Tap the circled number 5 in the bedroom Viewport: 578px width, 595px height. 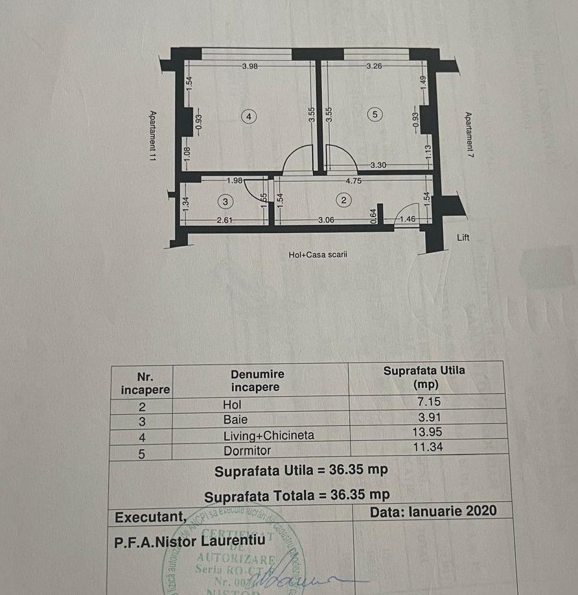coord(373,115)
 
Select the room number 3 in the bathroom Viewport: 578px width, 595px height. coord(225,203)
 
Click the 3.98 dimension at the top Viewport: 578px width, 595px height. coord(251,66)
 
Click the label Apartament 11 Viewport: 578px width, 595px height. coord(152,139)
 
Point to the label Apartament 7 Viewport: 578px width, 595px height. coord(468,139)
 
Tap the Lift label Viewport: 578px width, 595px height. coord(463,238)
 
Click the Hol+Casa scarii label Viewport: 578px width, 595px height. coord(318,255)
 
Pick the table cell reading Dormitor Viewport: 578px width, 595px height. coord(246,451)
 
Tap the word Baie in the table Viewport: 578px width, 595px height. coord(234,420)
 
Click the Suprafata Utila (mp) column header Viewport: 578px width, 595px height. coord(424,377)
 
